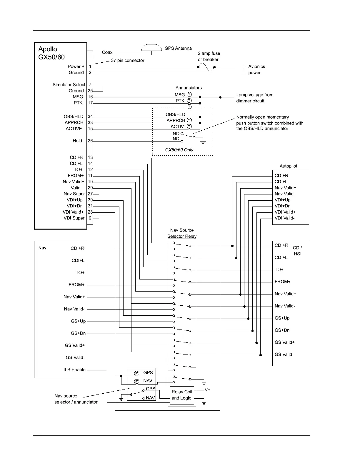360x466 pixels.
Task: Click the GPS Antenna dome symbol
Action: tap(151, 48)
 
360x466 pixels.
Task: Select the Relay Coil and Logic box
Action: tap(182, 395)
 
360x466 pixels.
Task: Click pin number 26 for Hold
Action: tap(90, 141)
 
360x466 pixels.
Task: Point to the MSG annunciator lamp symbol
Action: tap(189, 95)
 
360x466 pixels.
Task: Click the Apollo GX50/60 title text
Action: tap(51, 53)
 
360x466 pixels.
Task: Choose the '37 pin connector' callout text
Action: tap(128, 61)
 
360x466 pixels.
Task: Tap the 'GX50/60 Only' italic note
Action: tap(179, 150)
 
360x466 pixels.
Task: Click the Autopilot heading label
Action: tap(288, 166)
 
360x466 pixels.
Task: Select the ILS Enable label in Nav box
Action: tap(75, 370)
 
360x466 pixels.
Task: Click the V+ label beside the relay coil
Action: tap(208, 390)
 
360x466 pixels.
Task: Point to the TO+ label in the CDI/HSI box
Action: tap(279, 269)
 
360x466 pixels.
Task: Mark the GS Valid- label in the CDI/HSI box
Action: tap(284, 355)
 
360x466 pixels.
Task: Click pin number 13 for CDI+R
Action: tap(90, 157)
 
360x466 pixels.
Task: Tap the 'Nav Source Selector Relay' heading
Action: tap(182, 233)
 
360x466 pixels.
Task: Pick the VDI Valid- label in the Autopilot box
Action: tap(284, 218)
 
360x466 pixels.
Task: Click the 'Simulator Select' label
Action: tap(69, 85)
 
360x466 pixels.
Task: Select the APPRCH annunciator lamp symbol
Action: tap(189, 120)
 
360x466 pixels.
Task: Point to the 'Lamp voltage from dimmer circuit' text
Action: tap(255, 98)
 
